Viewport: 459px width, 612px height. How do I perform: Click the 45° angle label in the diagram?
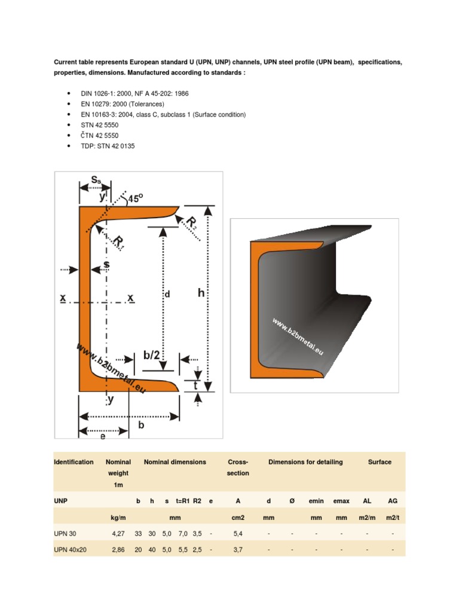[x=134, y=199]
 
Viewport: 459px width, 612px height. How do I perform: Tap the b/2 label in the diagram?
[x=152, y=356]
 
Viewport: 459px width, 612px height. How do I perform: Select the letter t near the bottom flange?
[x=196, y=385]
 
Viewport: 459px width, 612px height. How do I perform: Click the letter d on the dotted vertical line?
[x=168, y=294]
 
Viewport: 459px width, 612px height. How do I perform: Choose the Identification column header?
[x=74, y=462]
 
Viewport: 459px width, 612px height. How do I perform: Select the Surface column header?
[x=380, y=462]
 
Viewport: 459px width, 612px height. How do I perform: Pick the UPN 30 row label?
[x=66, y=533]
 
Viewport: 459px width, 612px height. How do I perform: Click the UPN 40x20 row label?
[x=71, y=548]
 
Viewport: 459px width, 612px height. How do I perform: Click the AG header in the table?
[x=392, y=500]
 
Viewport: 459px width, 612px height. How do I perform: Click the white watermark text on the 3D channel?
[x=297, y=338]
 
